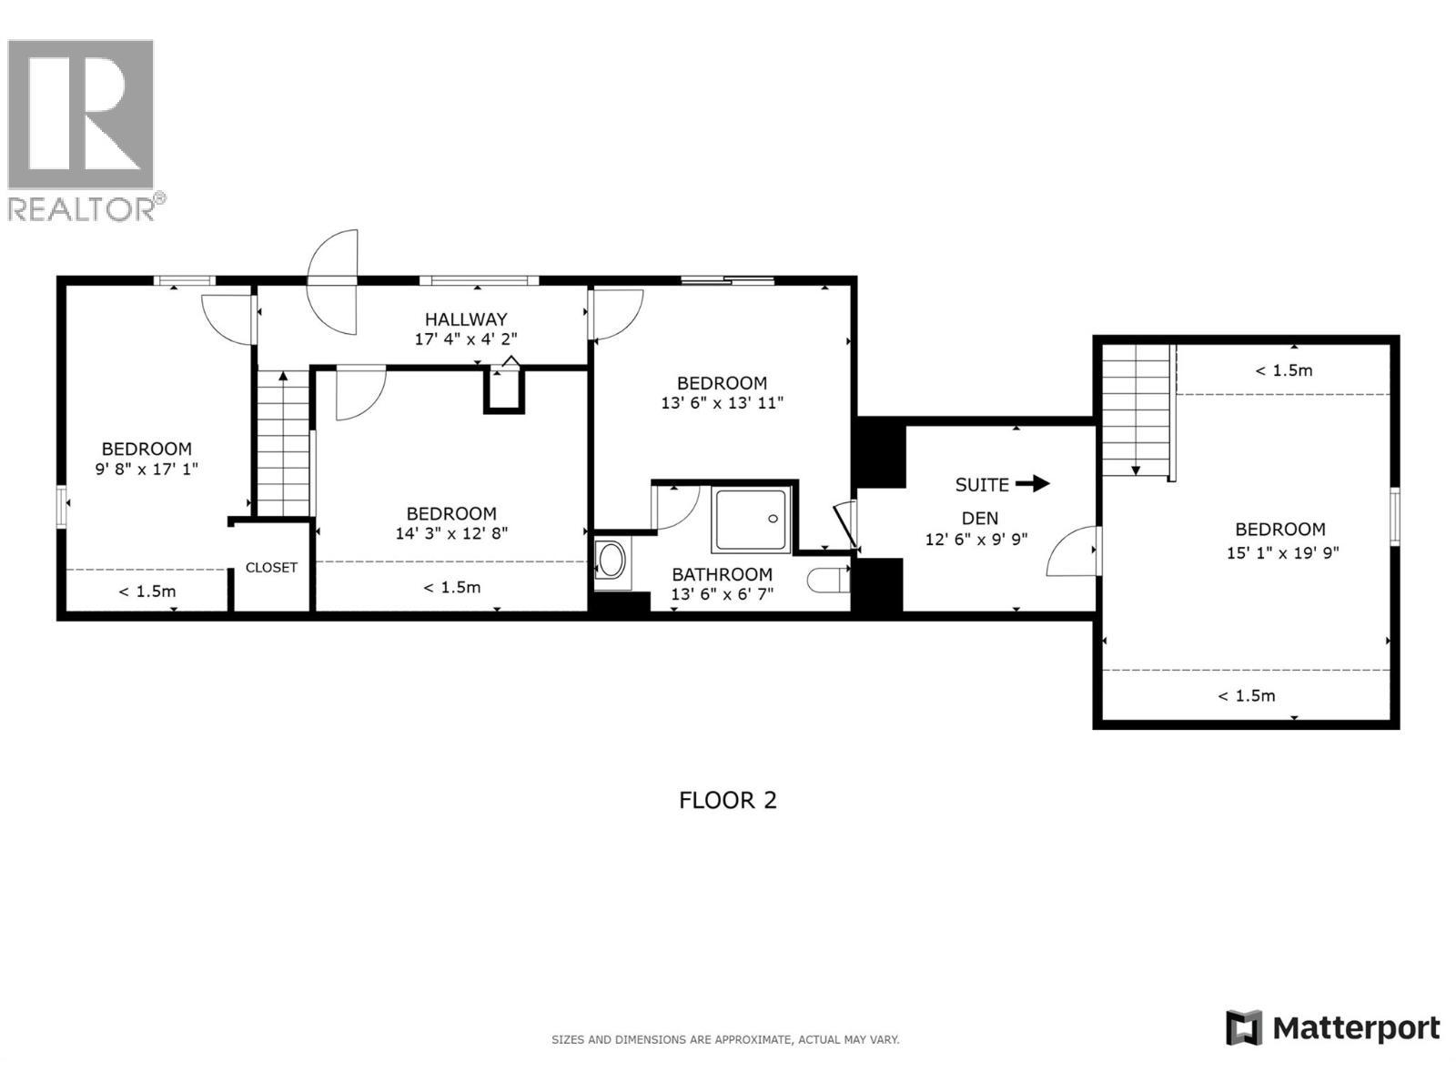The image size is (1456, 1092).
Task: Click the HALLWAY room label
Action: pyautogui.click(x=466, y=319)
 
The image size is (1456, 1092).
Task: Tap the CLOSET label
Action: pyautogui.click(x=271, y=568)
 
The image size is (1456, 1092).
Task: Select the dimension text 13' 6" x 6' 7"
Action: pyautogui.click(x=722, y=594)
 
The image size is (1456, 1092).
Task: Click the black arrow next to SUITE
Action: pyautogui.click(x=1032, y=484)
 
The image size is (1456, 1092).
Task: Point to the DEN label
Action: pyautogui.click(x=980, y=519)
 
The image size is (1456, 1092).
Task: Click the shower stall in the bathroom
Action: pyautogui.click(x=751, y=520)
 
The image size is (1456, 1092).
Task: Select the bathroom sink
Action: pyautogui.click(x=612, y=561)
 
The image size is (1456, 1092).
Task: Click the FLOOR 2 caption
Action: pyautogui.click(x=728, y=800)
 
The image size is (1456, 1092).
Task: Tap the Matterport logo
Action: pyautogui.click(x=1334, y=1028)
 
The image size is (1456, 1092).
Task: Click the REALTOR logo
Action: pyautogui.click(x=82, y=127)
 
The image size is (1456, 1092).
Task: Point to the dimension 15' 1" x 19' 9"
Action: pyautogui.click(x=1282, y=552)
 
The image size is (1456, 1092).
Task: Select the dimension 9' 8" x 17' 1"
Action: pyautogui.click(x=147, y=470)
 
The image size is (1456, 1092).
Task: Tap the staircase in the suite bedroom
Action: pyautogui.click(x=1136, y=409)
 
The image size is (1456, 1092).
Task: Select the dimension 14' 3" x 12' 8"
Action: pyautogui.click(x=451, y=534)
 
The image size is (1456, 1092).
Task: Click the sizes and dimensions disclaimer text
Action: pyautogui.click(x=725, y=1039)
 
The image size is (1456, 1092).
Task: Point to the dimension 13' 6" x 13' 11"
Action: pyautogui.click(x=722, y=403)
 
